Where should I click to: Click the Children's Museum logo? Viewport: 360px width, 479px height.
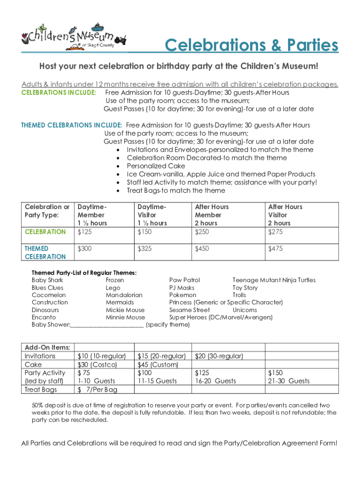pyautogui.click(x=68, y=37)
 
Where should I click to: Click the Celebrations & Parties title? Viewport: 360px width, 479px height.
pyautogui.click(x=251, y=46)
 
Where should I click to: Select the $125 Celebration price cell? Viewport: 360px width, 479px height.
pyautogui.click(x=85, y=232)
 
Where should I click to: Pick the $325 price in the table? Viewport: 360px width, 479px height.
pyautogui.click(x=144, y=249)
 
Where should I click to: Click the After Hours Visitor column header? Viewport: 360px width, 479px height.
pyautogui.click(x=285, y=215)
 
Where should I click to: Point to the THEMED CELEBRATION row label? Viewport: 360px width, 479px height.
pyautogui.click(x=45, y=253)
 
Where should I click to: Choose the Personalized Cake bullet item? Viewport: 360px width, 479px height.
pyautogui.click(x=156, y=166)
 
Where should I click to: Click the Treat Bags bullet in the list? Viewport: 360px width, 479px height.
pyautogui.click(x=176, y=190)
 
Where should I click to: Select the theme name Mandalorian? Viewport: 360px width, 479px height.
pyautogui.click(x=124, y=295)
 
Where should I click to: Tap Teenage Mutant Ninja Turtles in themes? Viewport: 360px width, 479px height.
pyautogui.click(x=274, y=280)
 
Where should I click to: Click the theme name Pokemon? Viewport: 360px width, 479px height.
pyautogui.click(x=183, y=295)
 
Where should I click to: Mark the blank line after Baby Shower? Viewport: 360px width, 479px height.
pyautogui.click(x=107, y=325)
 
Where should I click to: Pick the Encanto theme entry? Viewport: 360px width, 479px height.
pyautogui.click(x=44, y=317)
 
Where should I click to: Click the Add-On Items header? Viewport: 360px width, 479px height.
pyautogui.click(x=47, y=348)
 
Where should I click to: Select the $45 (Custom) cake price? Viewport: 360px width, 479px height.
pyautogui.click(x=158, y=364)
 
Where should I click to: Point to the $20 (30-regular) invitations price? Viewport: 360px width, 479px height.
pyautogui.click(x=219, y=356)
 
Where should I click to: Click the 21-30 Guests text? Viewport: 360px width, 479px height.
pyautogui.click(x=288, y=381)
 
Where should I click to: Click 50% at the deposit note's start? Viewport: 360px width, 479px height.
pyautogui.click(x=38, y=405)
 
